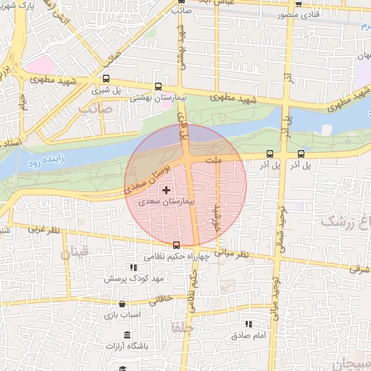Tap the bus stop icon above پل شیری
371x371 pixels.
click(x=107, y=79)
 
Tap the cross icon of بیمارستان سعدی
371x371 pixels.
click(x=167, y=189)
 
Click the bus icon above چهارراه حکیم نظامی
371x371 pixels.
click(x=177, y=244)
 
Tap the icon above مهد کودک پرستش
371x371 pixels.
click(x=131, y=267)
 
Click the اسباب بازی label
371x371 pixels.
click(x=121, y=315)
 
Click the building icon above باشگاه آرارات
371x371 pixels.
click(x=127, y=334)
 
